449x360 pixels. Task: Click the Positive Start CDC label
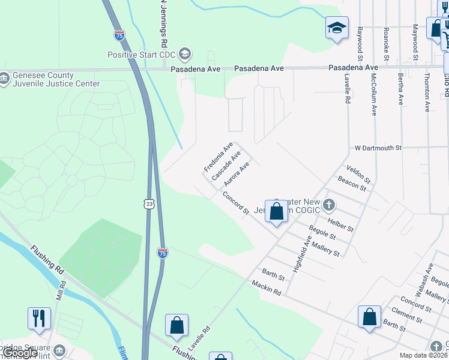pos(143,55)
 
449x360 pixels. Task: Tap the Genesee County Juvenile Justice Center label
pos(50,79)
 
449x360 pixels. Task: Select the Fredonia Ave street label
pos(218,158)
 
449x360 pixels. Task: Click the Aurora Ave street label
pos(236,173)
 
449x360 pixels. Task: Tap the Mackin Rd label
pos(267,287)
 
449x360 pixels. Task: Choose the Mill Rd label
pos(60,292)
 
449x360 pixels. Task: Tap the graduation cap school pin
pos(337,27)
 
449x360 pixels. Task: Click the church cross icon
pos(328,205)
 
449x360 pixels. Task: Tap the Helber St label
pos(340,224)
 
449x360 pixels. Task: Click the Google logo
pos(19,353)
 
